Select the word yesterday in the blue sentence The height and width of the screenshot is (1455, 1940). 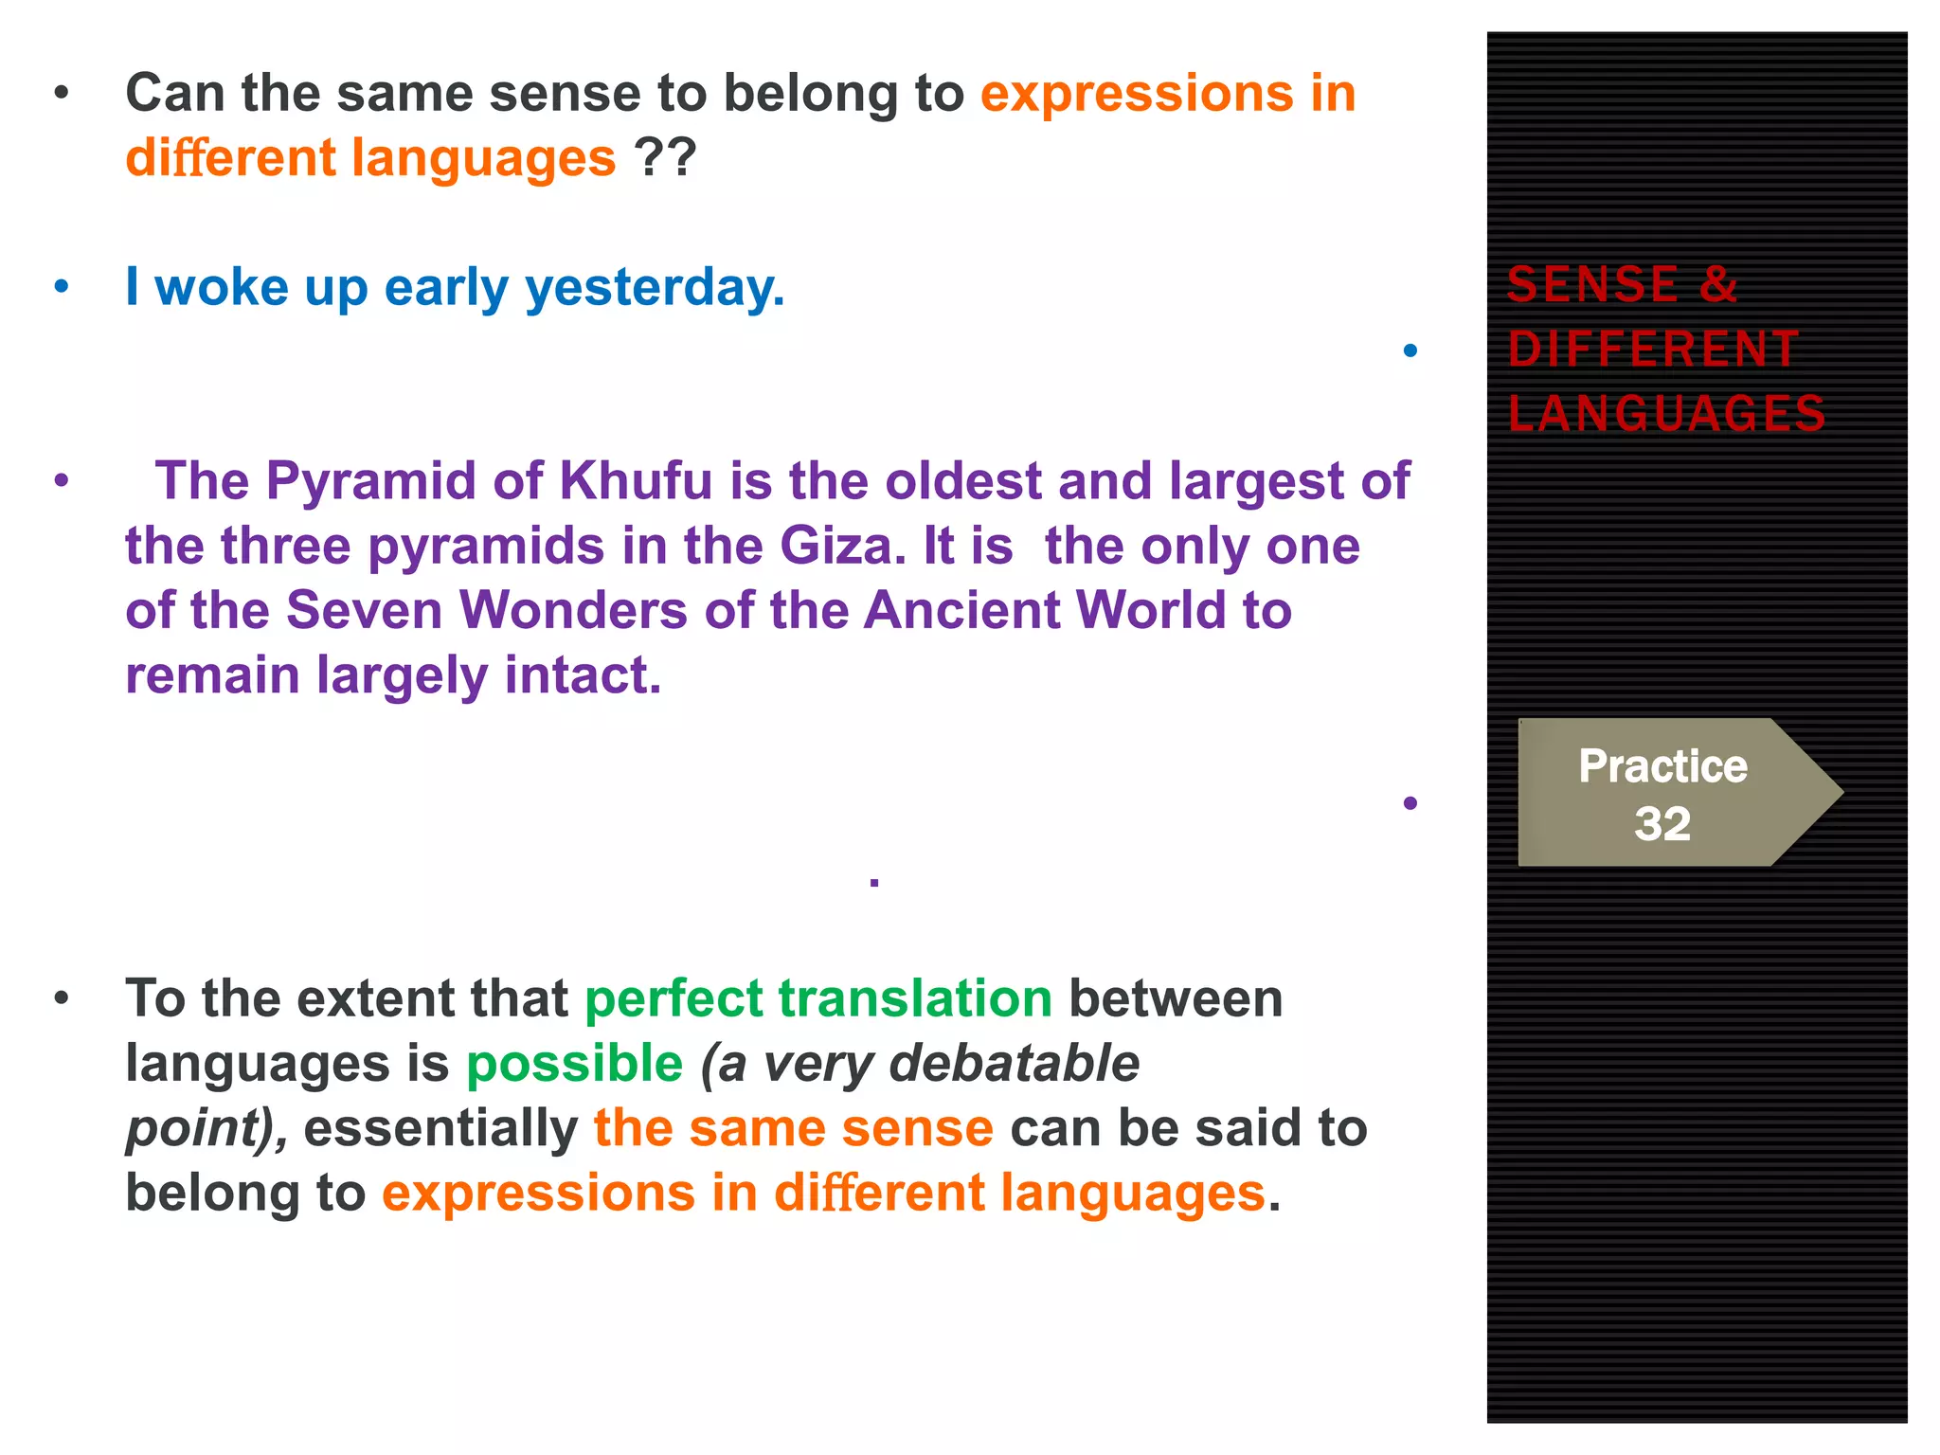(x=654, y=287)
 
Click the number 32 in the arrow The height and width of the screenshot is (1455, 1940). (x=1662, y=823)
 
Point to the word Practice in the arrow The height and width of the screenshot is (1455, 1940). (x=1662, y=765)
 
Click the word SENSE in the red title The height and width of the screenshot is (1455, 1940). (x=1592, y=284)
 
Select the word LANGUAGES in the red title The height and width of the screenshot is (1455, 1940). (x=1666, y=414)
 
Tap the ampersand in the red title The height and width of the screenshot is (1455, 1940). (x=1718, y=284)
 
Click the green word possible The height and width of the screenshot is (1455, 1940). (x=574, y=1063)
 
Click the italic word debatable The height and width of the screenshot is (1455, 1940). (x=1014, y=1063)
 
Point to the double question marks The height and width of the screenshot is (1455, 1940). (x=665, y=157)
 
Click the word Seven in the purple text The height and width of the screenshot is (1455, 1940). (x=364, y=610)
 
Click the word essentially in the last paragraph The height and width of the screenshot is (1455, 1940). (x=440, y=1128)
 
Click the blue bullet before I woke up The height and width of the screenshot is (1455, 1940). (x=62, y=286)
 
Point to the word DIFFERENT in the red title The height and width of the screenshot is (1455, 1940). (x=1653, y=349)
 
